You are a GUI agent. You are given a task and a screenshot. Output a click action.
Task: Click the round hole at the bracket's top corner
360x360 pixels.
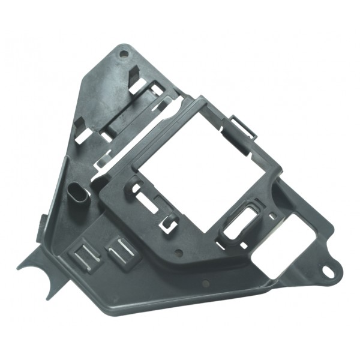pos(124,54)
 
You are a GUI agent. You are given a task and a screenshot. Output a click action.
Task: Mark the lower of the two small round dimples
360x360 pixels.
pos(205,282)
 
